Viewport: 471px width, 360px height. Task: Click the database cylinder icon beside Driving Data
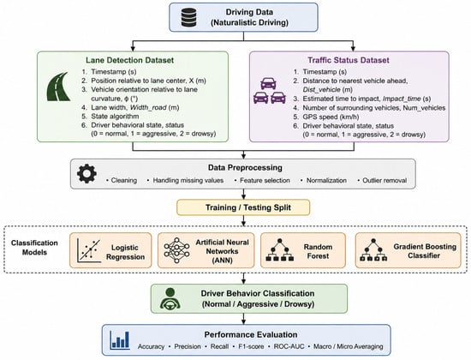[x=188, y=17]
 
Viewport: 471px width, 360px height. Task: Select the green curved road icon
[x=59, y=87]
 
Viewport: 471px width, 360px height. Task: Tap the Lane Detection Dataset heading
[x=130, y=60]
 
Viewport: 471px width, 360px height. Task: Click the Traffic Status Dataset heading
[x=349, y=60]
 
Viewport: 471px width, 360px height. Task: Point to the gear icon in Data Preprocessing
[x=86, y=173]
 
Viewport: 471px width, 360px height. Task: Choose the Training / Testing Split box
[x=243, y=207]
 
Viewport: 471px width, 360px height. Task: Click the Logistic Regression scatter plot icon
[x=88, y=250]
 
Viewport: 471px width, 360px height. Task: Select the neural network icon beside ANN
[x=176, y=250]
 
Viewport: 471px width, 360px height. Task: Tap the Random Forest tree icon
[x=280, y=249]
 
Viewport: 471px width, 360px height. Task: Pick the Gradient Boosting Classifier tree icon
[x=373, y=249]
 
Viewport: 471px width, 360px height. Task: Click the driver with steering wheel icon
[x=170, y=298]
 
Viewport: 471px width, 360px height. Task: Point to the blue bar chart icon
[x=120, y=339]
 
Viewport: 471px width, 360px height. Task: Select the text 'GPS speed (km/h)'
[x=331, y=117]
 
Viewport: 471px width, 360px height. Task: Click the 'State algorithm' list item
[x=115, y=116]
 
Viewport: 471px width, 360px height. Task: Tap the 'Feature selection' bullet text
[x=265, y=181]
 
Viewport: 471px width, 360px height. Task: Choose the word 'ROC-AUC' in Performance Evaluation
[x=289, y=346]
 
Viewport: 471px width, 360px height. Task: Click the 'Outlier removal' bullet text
[x=385, y=181]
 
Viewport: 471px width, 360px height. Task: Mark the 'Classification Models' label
[x=34, y=248]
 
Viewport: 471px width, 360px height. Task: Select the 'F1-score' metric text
[x=251, y=346]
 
